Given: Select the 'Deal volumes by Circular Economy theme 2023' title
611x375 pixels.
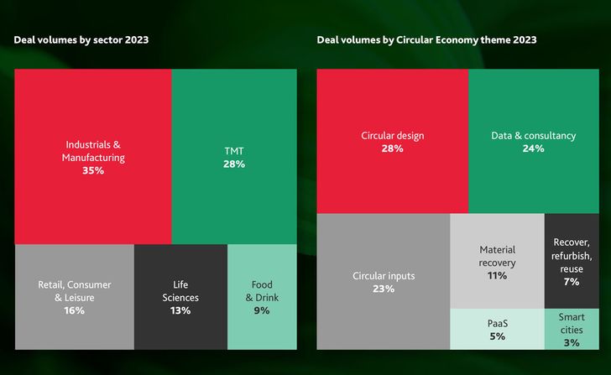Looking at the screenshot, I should click(426, 39).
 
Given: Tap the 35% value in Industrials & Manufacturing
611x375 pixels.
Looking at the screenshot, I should click(93, 170).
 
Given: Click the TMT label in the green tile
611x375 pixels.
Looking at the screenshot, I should click(234, 151).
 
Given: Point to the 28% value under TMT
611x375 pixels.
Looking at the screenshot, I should click(234, 164).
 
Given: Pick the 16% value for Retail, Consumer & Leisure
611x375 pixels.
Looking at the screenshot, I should click(74, 310).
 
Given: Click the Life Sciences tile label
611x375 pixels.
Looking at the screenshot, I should click(180, 291).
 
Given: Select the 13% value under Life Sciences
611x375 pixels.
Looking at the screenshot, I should click(180, 310).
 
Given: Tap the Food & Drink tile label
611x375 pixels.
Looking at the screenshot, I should click(261, 291).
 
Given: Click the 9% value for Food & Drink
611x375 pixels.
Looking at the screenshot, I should click(261, 310).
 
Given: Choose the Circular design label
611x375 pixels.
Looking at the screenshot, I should click(393, 135).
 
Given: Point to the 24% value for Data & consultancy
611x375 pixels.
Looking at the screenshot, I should click(533, 148).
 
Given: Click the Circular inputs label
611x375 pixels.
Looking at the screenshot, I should click(383, 275).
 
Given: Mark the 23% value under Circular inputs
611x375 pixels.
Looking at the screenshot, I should click(383, 289).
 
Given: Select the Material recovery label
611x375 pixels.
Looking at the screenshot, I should click(497, 256).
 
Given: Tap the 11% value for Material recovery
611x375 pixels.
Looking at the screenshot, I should click(497, 276).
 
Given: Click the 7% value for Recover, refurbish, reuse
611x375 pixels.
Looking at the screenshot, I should click(572, 282).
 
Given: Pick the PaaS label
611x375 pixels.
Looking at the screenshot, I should click(497, 323).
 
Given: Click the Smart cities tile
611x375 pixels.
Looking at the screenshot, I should click(572, 329).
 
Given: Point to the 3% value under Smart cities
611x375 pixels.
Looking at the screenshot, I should click(572, 343).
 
